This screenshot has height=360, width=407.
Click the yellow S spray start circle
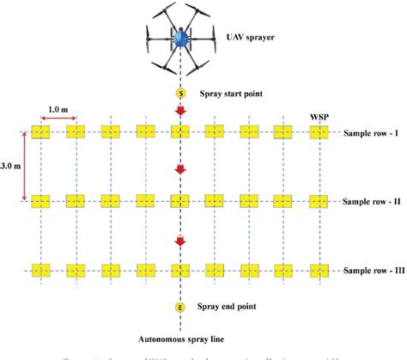click(181, 94)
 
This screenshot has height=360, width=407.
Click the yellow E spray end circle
click(181, 307)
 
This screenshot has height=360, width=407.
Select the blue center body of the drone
click(180, 39)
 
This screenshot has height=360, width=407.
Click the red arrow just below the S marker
click(180, 112)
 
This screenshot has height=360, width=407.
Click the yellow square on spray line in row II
click(180, 201)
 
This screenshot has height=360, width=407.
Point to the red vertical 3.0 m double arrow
click(24, 166)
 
